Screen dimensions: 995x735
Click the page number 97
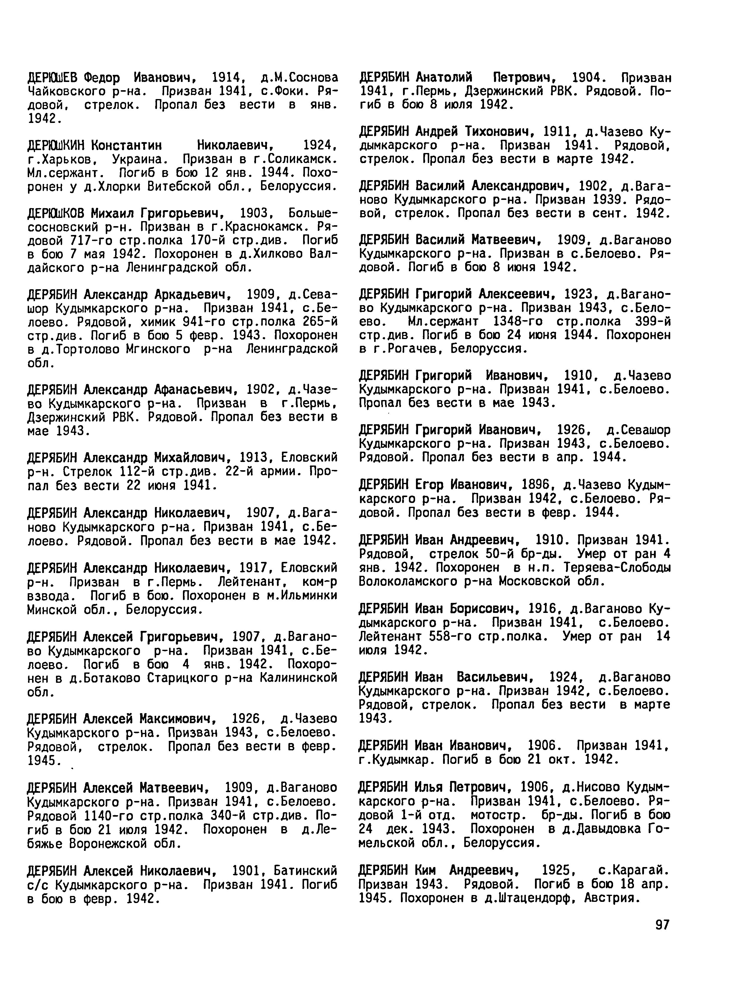(x=662, y=925)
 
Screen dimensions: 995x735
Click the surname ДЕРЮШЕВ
(x=52, y=78)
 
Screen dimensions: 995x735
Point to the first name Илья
(x=429, y=788)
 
